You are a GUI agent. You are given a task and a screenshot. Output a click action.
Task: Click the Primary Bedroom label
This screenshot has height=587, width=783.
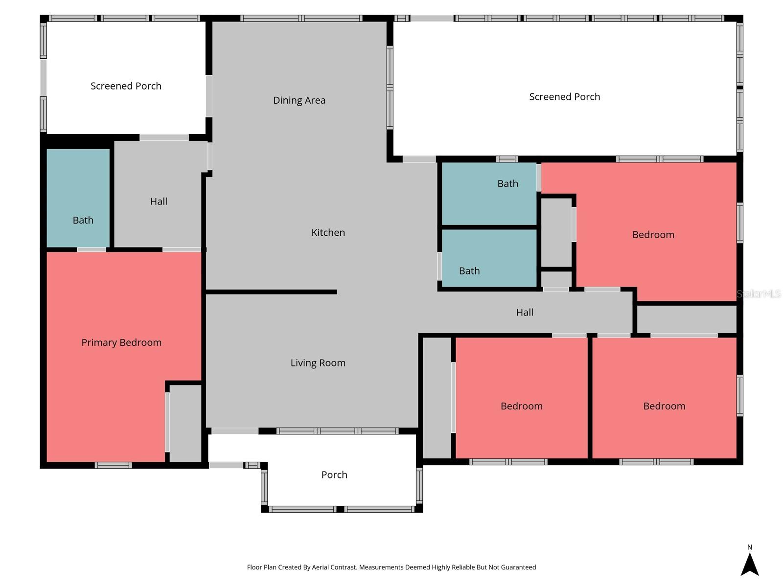tap(121, 342)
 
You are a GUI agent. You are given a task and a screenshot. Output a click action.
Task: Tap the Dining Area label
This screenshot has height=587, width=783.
tap(299, 100)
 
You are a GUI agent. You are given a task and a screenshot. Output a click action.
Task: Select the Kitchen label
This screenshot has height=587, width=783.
tap(328, 232)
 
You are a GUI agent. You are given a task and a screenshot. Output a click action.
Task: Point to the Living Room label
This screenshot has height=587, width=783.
tap(318, 363)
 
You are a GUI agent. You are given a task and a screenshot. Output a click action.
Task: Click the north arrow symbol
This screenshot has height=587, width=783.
tap(749, 564)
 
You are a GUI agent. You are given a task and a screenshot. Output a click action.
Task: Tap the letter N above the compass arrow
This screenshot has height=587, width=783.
tap(749, 547)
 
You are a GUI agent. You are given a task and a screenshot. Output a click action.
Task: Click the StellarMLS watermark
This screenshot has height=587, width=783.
tap(759, 293)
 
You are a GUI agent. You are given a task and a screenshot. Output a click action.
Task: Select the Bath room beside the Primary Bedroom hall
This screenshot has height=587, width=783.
tap(78, 198)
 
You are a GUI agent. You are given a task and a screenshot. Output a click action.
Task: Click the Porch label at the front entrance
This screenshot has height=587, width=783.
tap(334, 474)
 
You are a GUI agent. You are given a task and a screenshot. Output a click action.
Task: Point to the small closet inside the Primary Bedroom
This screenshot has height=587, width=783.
tap(185, 423)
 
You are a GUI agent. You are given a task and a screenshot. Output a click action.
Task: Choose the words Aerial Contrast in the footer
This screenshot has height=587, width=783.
tap(334, 567)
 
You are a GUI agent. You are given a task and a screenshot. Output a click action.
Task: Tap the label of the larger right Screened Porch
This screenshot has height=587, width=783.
tap(564, 96)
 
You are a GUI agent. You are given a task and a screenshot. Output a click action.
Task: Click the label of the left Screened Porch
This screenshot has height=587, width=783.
tap(126, 86)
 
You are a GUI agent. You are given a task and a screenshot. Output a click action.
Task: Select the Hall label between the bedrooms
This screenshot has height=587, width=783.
tap(525, 312)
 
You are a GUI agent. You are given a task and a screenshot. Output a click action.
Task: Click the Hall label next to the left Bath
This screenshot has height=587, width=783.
tap(159, 202)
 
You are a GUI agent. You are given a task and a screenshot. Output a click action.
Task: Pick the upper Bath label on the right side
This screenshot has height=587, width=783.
tap(507, 183)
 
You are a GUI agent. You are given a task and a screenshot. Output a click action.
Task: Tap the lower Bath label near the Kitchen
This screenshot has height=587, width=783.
tap(469, 271)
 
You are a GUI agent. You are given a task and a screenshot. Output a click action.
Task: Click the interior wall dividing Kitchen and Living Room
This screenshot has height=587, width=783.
tap(272, 292)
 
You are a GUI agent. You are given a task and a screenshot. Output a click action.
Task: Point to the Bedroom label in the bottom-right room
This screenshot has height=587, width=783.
tap(664, 406)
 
